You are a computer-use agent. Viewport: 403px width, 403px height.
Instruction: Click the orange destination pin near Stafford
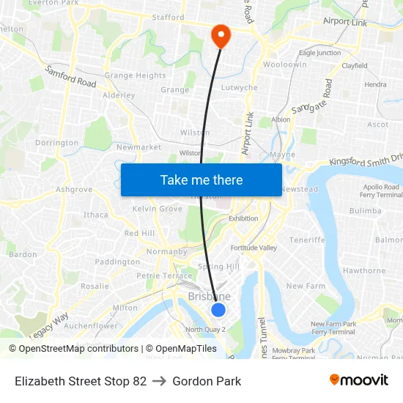click(x=220, y=34)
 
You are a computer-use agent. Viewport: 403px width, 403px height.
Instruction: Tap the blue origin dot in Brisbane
click(x=218, y=309)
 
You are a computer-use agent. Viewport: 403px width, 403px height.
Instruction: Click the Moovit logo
click(x=358, y=380)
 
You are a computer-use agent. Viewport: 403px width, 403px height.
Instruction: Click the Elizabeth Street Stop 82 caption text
click(x=81, y=381)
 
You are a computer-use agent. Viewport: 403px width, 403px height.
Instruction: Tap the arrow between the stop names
click(x=160, y=381)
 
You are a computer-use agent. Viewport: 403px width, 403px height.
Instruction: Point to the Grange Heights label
click(x=136, y=75)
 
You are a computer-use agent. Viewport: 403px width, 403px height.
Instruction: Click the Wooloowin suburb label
click(x=284, y=65)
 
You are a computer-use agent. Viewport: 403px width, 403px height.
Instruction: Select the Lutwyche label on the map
click(x=240, y=88)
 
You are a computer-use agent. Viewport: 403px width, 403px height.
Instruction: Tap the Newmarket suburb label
click(x=138, y=147)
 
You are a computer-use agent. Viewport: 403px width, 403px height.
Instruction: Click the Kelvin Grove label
click(x=158, y=209)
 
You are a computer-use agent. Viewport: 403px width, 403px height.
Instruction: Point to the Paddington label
click(x=117, y=262)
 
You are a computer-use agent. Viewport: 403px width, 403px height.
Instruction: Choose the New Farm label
click(x=305, y=286)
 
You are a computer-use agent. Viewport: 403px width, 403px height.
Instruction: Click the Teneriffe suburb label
click(x=307, y=240)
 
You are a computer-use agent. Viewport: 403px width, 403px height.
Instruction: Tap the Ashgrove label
click(x=74, y=189)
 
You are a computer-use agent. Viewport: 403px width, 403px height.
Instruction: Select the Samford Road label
click(x=71, y=77)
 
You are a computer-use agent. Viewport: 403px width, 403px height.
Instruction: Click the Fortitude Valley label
click(x=254, y=248)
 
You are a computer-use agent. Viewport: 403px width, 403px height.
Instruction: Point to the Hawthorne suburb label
click(x=364, y=270)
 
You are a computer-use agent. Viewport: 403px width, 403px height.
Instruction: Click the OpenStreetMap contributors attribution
click(x=73, y=349)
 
